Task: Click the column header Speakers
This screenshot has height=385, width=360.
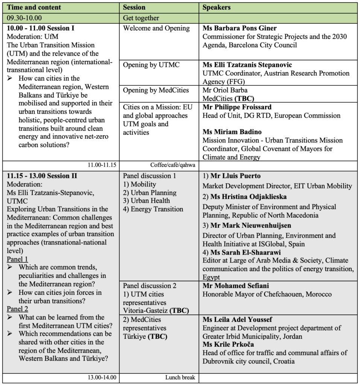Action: pyautogui.click(x=217, y=8)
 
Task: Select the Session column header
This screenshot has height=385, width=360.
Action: pyautogui.click(x=134, y=8)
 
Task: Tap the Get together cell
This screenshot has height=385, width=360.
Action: pyautogui.click(x=141, y=18)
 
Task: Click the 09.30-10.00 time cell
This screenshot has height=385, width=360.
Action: pyautogui.click(x=24, y=18)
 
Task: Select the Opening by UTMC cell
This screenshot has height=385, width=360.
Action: pyautogui.click(x=152, y=65)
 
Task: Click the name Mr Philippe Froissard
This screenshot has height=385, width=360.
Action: pyautogui.click(x=237, y=107)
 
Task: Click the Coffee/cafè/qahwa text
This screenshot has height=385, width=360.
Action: pyautogui.click(x=173, y=165)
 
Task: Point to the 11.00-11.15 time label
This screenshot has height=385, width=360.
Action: pyautogui.click(x=102, y=165)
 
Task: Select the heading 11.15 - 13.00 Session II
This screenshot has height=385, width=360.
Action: pyautogui.click(x=43, y=176)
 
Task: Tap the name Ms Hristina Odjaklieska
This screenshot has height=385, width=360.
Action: pyautogui.click(x=249, y=197)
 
